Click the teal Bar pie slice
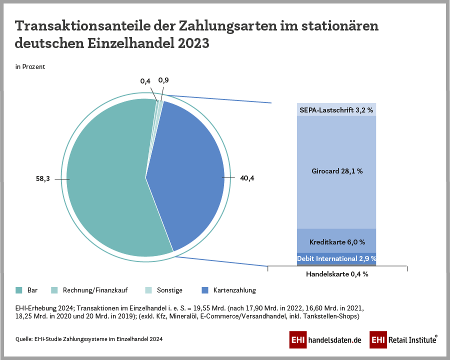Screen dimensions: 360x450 point(105,180)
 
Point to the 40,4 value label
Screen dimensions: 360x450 point(247,178)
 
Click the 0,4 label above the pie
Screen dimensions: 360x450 point(145,81)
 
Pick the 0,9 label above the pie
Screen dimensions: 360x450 point(163,80)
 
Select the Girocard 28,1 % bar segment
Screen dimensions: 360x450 point(336,171)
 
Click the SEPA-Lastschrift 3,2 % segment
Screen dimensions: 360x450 point(336,109)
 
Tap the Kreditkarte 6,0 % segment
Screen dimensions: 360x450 point(336,242)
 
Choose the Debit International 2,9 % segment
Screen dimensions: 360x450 point(336,258)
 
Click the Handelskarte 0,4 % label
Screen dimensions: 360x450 point(336,274)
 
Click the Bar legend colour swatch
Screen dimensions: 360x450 point(19,290)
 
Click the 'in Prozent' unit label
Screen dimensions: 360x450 point(30,66)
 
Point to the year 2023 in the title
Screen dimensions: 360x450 point(193,43)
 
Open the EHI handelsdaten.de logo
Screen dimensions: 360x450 point(325,340)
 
